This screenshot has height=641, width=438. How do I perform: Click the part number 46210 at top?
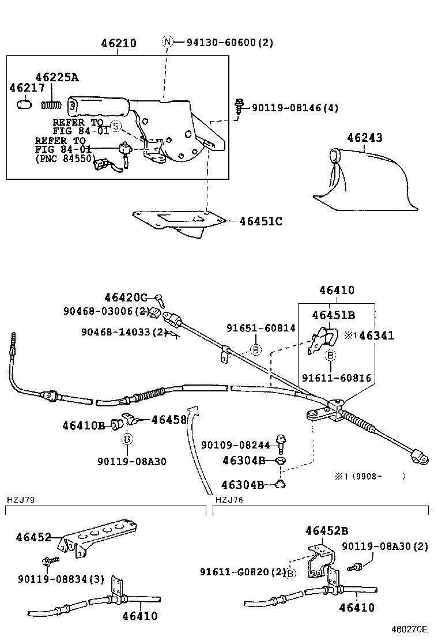tap(119, 44)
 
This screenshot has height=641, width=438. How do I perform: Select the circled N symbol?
tap(168, 42)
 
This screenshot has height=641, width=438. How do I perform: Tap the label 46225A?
tap(56, 77)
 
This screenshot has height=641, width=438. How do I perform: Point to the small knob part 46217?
tap(24, 104)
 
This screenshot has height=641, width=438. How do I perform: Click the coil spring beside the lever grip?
tap(52, 105)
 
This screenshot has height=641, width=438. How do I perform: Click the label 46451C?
tap(260, 221)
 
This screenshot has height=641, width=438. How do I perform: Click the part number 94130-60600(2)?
tap(230, 42)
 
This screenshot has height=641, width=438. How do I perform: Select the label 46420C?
tap(126, 297)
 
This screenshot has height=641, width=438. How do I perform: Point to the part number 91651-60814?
tap(260, 328)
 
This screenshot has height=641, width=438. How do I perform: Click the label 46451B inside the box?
tap(334, 315)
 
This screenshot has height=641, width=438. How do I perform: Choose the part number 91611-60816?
tap(337, 378)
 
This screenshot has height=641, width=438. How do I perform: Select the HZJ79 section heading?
tap(20, 499)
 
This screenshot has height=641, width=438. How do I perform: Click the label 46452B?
tap(326, 531)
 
